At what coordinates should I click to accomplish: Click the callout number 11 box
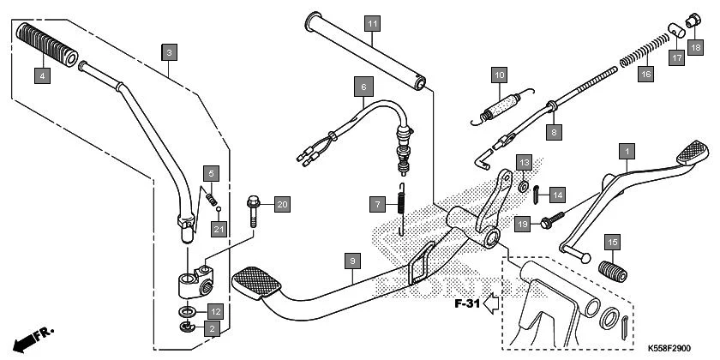pyautogui.click(x=370, y=23)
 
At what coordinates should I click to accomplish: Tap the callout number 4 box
pyautogui.click(x=41, y=76)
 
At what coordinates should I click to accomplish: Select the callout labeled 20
pyautogui.click(x=282, y=204)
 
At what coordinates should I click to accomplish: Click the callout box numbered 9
pyautogui.click(x=351, y=259)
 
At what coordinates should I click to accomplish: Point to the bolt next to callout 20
pyautogui.click(x=255, y=210)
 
